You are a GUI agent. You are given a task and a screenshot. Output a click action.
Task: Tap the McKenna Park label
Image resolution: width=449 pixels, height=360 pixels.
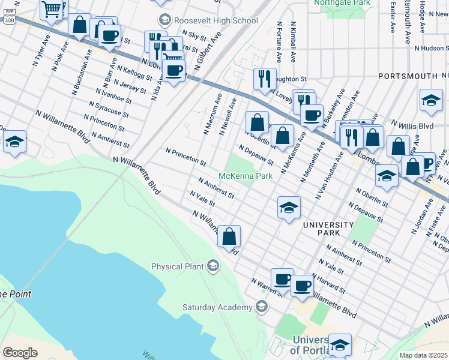[246, 176]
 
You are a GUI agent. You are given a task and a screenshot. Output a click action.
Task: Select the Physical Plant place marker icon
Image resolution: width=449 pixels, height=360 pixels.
[212, 266]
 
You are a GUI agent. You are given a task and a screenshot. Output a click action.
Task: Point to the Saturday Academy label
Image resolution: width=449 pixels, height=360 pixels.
[217, 308]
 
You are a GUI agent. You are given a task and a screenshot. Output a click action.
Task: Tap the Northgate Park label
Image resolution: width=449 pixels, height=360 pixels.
[342, 3]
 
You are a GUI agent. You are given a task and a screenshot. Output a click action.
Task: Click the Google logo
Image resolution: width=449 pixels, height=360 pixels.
[20, 353]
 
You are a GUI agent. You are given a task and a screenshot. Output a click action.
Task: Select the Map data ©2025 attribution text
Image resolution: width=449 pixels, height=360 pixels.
[423, 355]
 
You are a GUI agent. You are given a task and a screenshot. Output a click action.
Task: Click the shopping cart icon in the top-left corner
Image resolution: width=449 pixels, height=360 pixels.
[52, 9]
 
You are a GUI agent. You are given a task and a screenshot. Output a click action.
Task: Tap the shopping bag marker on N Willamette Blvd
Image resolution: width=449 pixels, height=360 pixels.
[229, 236]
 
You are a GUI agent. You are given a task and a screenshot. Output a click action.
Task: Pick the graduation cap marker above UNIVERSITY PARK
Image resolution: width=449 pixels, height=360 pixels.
[289, 208]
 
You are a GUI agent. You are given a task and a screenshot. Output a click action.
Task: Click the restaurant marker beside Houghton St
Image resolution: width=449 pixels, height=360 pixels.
[264, 78]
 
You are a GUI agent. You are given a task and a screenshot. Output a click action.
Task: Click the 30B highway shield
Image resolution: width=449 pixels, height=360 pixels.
[9, 20]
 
